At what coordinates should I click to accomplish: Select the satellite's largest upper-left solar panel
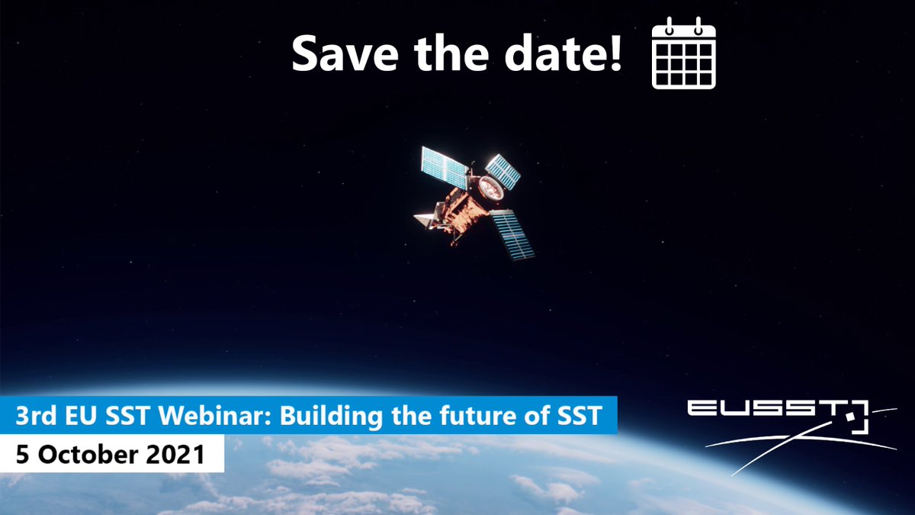tap(445, 167)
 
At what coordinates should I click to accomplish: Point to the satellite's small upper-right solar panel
tap(503, 171)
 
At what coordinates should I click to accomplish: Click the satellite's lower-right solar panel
tap(512, 235)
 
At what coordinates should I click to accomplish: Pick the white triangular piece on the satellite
tap(424, 220)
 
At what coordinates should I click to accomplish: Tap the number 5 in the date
tap(23, 455)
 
